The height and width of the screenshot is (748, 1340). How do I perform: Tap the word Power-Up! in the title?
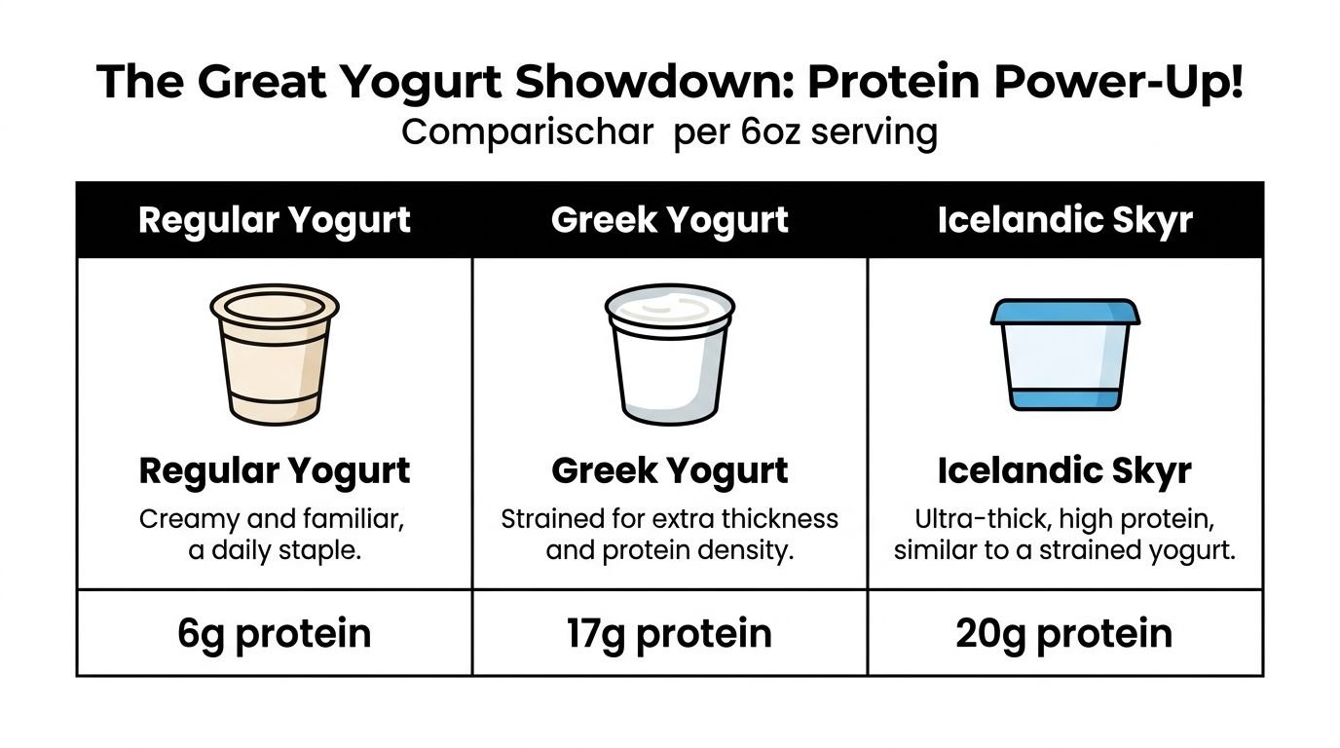[1119, 83]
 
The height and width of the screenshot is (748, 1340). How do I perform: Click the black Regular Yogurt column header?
[275, 220]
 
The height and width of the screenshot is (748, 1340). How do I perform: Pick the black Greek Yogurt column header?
[669, 220]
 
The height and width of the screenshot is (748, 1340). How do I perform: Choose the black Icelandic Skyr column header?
[1064, 220]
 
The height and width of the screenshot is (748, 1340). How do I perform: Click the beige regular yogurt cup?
[275, 355]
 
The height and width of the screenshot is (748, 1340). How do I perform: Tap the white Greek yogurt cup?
[669, 355]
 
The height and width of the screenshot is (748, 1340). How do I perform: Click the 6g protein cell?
[275, 633]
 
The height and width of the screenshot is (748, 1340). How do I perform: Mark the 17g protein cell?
[669, 633]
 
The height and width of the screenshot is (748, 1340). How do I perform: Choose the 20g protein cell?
[1064, 633]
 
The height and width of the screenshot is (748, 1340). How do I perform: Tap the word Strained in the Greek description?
[548, 519]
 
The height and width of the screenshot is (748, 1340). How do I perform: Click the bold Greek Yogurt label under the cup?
[669, 471]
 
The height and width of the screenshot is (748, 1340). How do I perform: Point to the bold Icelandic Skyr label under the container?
[1064, 471]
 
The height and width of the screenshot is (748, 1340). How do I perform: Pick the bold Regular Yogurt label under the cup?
[275, 471]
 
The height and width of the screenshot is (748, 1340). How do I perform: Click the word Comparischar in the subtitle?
[527, 131]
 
